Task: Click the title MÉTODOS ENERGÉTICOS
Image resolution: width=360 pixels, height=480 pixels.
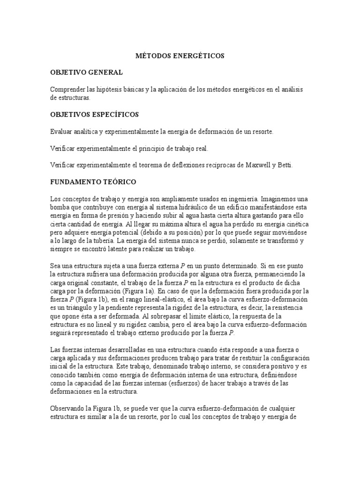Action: coord(180,56)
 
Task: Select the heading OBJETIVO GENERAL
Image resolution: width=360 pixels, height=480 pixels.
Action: coord(86,73)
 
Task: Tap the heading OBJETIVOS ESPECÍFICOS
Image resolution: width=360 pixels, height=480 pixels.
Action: coord(94,115)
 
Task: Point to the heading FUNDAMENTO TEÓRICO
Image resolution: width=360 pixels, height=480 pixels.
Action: coord(93,180)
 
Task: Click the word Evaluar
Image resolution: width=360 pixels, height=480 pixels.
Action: coord(61,132)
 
